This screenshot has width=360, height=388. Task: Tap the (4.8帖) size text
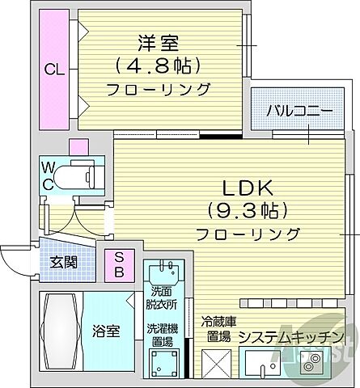pos(157,63)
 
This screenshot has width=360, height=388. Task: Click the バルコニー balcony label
pos(301,111)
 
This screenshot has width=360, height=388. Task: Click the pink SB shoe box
pos(119,264)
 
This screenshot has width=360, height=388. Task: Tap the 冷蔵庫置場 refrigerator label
pos(216,328)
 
